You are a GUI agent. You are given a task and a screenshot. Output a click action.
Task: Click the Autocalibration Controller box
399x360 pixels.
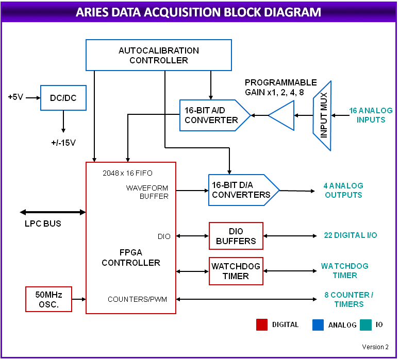158,55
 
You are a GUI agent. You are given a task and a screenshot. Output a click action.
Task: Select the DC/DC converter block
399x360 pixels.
63,98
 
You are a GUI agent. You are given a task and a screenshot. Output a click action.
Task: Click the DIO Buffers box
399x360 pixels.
236,236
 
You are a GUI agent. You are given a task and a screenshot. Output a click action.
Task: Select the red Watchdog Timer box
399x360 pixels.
236,271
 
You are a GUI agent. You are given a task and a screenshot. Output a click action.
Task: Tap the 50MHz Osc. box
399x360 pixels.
48,299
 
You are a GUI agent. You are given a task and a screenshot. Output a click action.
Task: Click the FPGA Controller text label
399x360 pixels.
131,258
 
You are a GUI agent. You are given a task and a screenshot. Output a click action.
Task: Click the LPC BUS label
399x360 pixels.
43,224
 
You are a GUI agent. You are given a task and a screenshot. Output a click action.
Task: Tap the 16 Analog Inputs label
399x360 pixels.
371,115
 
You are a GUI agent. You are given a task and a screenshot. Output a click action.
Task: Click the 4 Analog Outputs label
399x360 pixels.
343,190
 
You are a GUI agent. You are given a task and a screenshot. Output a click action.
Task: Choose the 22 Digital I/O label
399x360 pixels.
350,235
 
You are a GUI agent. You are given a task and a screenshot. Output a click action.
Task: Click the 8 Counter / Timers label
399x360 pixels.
348,299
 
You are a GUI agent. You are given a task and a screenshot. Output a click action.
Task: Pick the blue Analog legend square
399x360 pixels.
318,324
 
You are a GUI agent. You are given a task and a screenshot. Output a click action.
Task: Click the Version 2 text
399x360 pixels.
375,347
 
